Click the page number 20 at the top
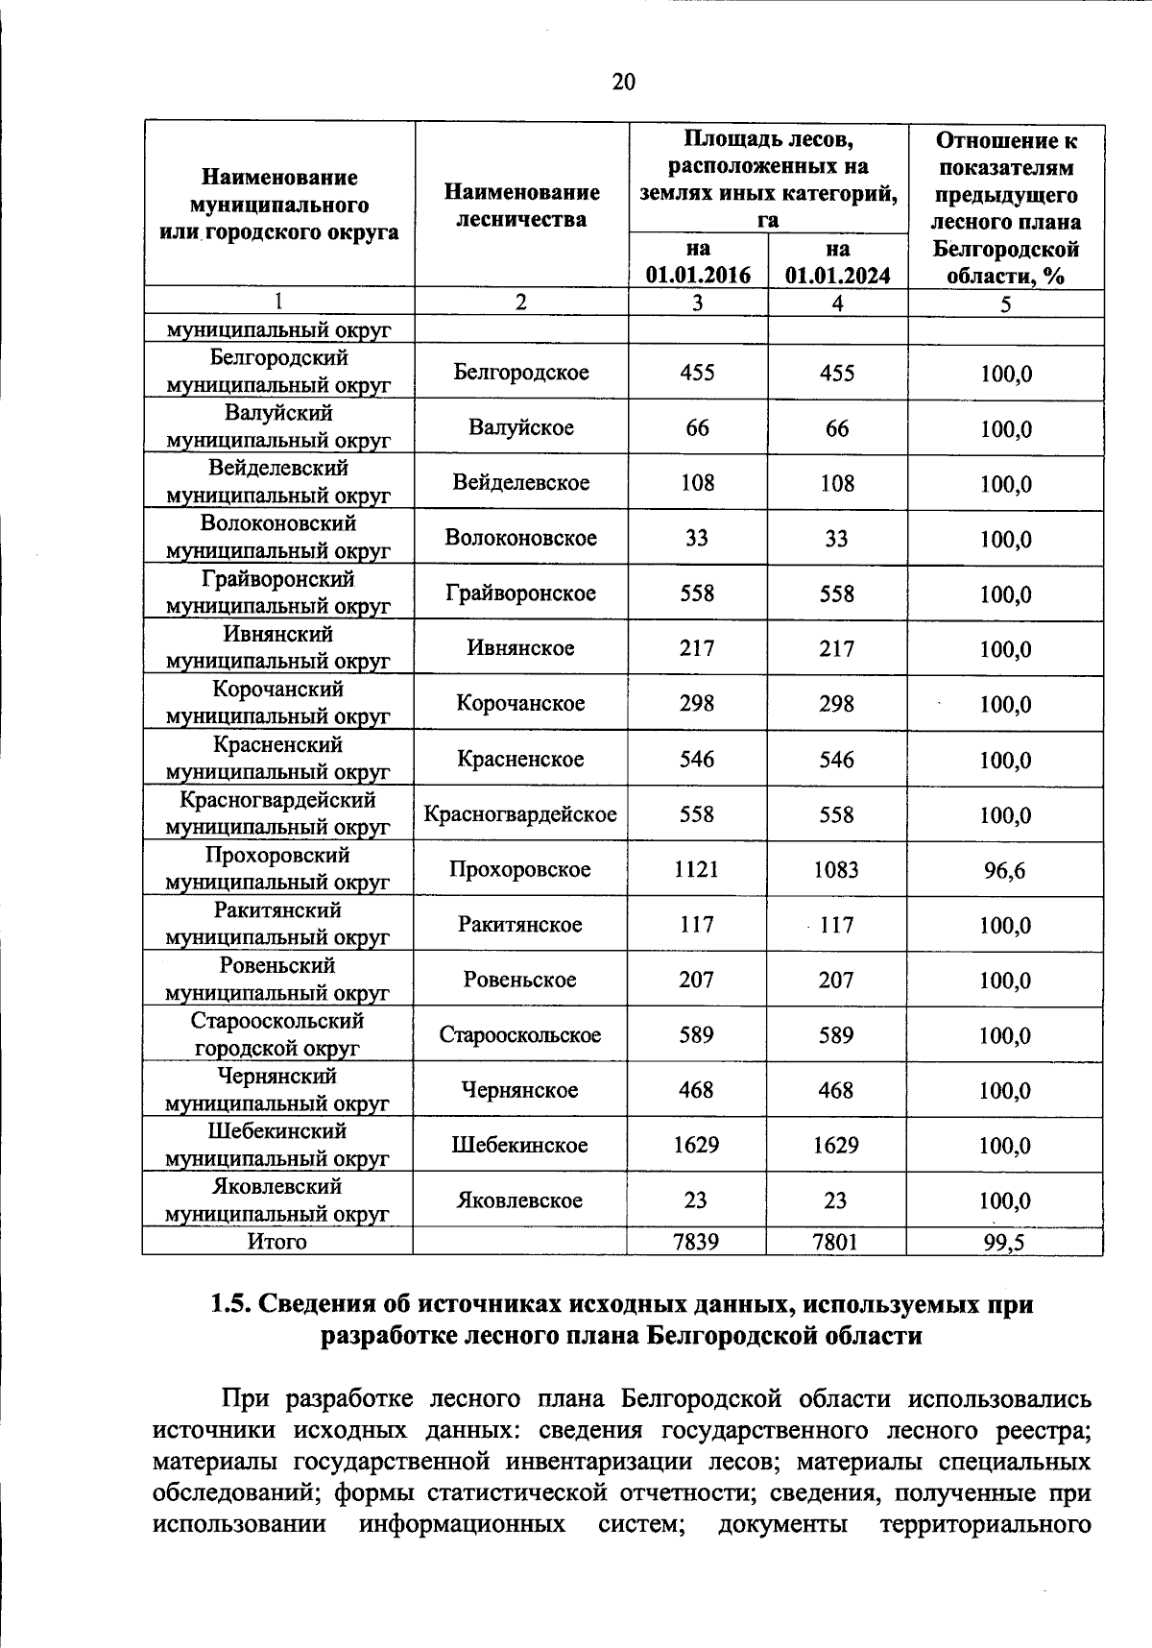[x=623, y=82]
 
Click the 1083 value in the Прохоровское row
[x=836, y=870]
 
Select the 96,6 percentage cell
[x=1004, y=871]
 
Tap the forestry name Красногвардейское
[x=520, y=815]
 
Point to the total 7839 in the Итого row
[x=696, y=1242]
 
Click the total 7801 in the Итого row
[x=836, y=1242]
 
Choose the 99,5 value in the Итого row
[x=1004, y=1243]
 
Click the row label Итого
[x=277, y=1242]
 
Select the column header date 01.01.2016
[x=697, y=276]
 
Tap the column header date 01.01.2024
[x=837, y=276]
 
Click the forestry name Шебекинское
[x=520, y=1146]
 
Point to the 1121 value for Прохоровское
[x=696, y=870]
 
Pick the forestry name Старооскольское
[x=520, y=1035]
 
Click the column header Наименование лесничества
[x=521, y=206]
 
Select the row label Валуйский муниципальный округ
[x=278, y=427]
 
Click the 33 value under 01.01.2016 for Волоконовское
[x=696, y=539]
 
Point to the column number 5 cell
[x=1005, y=304]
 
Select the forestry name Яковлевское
[x=520, y=1201]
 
